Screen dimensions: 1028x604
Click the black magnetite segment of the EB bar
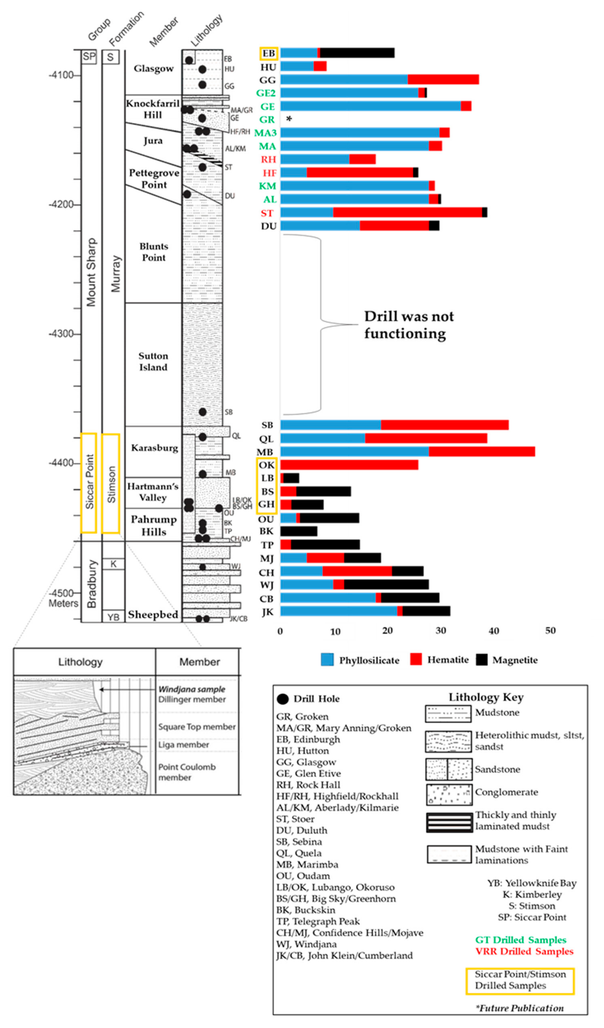(x=357, y=53)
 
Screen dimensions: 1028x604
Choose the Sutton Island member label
(x=153, y=361)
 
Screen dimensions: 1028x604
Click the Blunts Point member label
(x=153, y=252)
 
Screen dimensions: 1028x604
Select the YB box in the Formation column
(x=113, y=617)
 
